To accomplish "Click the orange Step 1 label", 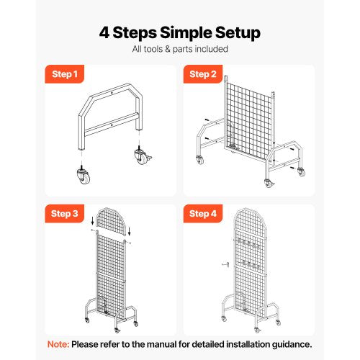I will [x=63, y=73].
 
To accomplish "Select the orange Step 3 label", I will [x=63, y=213].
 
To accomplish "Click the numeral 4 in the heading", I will [x=105, y=32].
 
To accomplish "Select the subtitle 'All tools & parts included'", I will [x=179, y=49].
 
